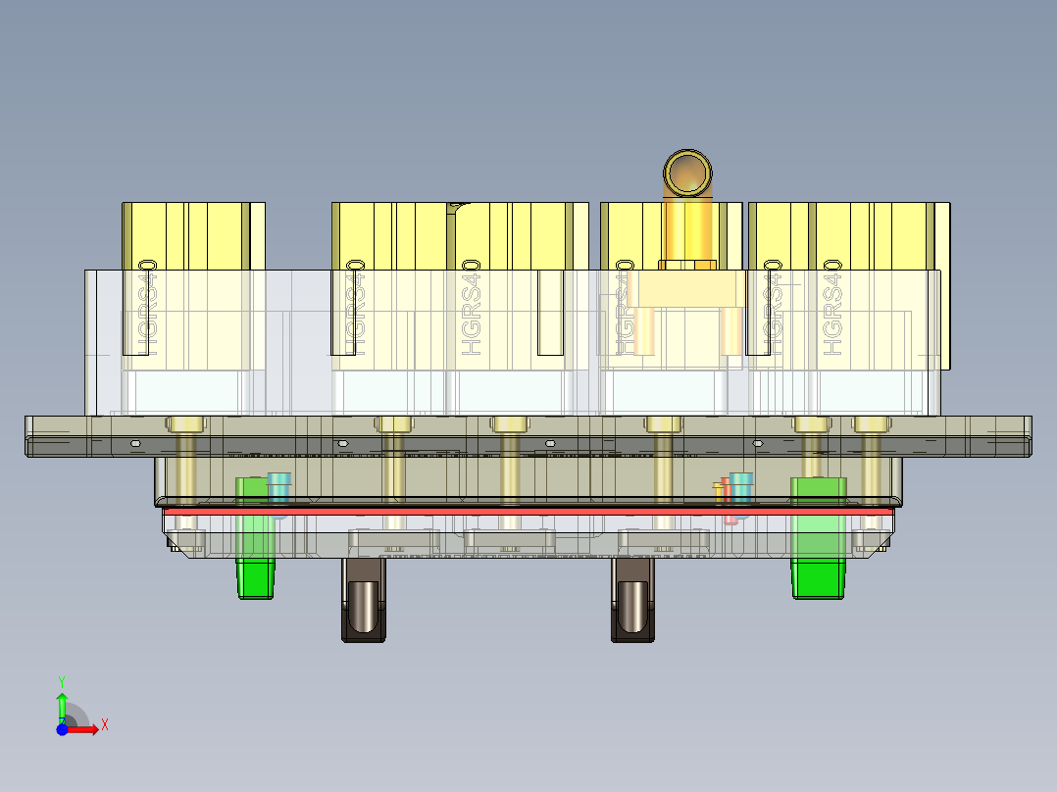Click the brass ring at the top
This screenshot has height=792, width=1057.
click(689, 173)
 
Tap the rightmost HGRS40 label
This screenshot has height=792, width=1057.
click(834, 307)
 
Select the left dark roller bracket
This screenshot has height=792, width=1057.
click(364, 602)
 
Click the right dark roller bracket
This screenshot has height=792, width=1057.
click(633, 602)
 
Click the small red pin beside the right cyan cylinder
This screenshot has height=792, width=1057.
click(728, 501)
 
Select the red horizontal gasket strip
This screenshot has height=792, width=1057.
click(529, 511)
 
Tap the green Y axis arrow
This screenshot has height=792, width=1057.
click(62, 705)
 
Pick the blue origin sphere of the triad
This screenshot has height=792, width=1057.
click(62, 728)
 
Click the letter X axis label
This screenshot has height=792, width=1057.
click(105, 725)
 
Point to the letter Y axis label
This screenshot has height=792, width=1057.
click(62, 679)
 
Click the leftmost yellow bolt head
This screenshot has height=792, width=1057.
click(185, 423)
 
